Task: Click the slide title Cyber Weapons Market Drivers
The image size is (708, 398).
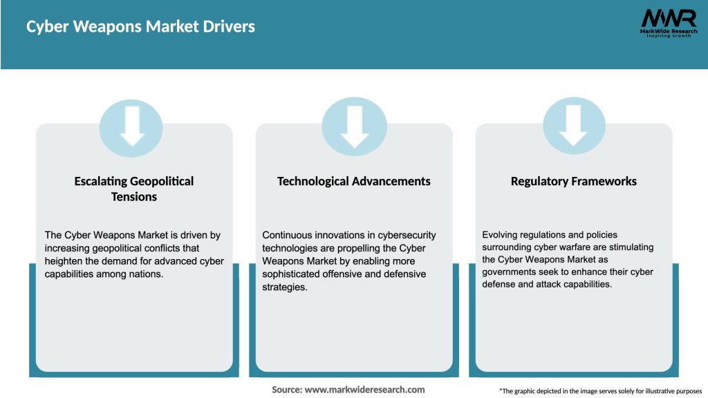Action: tap(140, 27)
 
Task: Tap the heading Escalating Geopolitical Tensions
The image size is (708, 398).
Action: tap(134, 189)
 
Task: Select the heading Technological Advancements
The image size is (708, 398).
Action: tap(353, 181)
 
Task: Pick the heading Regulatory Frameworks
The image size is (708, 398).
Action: tap(573, 181)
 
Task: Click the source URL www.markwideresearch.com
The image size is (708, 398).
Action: tap(364, 390)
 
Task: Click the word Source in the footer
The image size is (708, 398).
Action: tap(286, 390)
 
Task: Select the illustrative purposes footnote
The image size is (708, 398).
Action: tap(600, 391)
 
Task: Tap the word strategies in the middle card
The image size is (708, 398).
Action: tap(284, 287)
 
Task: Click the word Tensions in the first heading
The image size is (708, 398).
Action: tap(134, 197)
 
